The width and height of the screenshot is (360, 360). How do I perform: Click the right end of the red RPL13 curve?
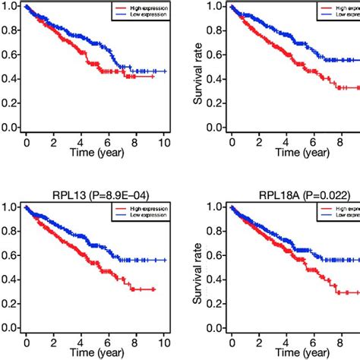(x=155, y=289)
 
